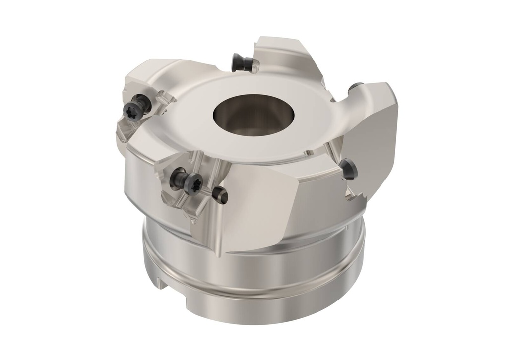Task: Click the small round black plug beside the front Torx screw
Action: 219,195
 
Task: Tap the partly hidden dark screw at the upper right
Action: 355,88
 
